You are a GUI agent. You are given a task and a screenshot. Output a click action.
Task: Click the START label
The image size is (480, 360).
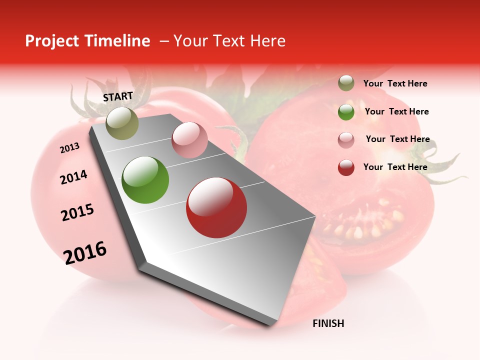tap(118, 96)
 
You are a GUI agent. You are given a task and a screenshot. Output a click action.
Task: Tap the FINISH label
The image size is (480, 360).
tap(328, 323)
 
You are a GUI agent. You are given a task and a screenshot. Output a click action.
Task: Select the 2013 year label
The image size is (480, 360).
tap(69, 148)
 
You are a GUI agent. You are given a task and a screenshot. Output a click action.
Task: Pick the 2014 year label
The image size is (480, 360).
tap(73, 177)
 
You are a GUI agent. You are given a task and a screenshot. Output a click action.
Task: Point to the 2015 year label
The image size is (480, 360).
tap(77, 213)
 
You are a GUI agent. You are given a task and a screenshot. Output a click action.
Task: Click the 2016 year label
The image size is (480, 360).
tap(85, 253)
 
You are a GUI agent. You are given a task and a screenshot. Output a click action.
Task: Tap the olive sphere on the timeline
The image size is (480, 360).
tap(122, 123)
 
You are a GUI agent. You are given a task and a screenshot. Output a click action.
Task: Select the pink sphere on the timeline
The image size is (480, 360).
tap(189, 139)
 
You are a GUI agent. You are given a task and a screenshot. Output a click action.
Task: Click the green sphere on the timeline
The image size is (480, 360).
tap(145, 179)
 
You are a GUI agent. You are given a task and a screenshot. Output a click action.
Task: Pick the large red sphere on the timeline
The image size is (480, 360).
tap(216, 207)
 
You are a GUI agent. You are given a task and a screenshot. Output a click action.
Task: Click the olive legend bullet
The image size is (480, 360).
tap(346, 83)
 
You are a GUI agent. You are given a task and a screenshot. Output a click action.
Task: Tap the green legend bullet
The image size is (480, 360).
tap(346, 112)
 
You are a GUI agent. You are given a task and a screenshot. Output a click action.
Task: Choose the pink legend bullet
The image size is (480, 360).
tap(346, 139)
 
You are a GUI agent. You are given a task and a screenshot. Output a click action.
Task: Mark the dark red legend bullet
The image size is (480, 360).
tap(346, 167)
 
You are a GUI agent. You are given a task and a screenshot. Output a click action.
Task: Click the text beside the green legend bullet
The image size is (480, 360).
tap(396, 111)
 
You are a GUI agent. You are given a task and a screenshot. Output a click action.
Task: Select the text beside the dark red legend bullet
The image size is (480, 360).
tap(395, 167)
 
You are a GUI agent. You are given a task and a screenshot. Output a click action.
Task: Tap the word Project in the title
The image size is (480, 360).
tap(52, 41)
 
